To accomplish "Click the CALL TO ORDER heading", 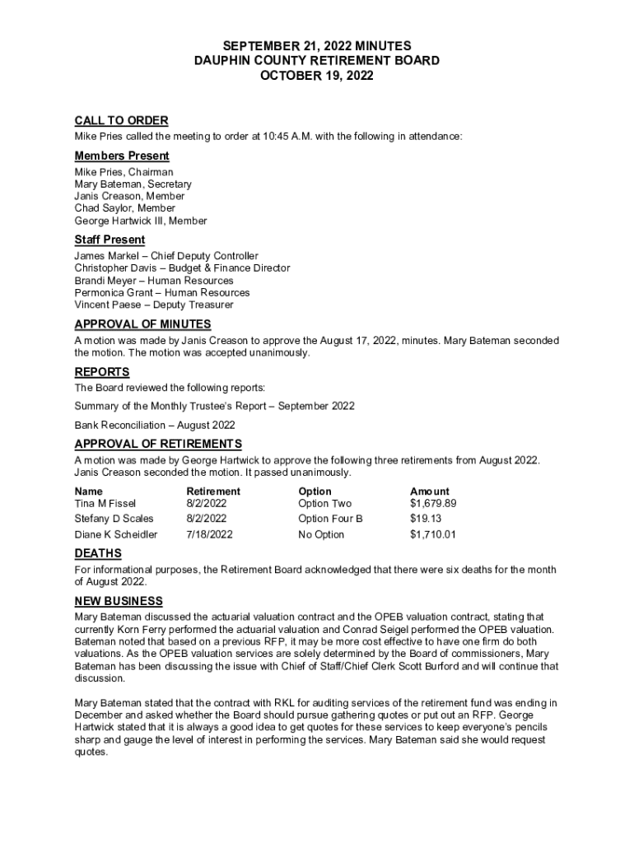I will coord(121,121).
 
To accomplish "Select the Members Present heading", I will coord(122,156).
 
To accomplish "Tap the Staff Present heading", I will coord(110,240).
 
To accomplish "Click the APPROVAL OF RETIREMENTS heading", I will coord(158,445).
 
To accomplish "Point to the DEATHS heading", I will coord(98,553).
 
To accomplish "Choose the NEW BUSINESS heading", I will coord(119,601).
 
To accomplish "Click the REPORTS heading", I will coord(102,372).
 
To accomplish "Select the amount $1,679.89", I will coord(432,503).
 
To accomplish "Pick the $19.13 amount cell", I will coord(426,519).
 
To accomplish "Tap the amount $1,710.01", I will coord(432,534).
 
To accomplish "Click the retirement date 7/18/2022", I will coord(209,534).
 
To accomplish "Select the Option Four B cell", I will coord(330,519).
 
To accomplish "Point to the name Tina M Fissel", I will coord(105,503).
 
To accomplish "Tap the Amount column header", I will coord(430,491).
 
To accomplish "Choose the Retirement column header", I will coord(213,491).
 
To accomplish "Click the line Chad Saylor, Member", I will coord(125,208).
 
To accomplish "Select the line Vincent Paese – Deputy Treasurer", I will coord(154,305).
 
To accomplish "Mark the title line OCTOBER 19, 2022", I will coord(316,76).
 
